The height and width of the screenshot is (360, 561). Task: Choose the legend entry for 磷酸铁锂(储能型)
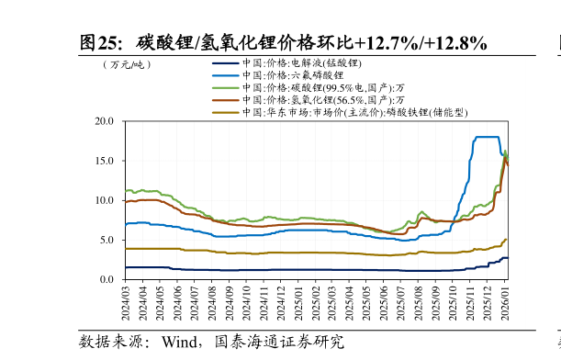(x=354, y=112)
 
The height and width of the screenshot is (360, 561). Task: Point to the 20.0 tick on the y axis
(x=106, y=121)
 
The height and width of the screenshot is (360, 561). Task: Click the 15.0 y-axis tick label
(x=106, y=161)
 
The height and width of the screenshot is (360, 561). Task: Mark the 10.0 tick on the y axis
(x=106, y=200)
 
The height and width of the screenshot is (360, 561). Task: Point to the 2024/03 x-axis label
(x=126, y=302)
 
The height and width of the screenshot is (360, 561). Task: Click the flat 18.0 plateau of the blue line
(x=487, y=137)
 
